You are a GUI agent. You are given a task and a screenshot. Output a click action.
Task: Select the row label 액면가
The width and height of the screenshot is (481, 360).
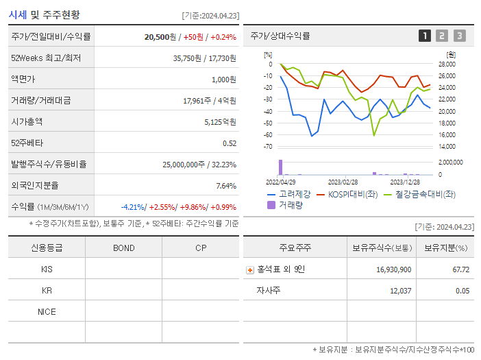click(x=24, y=80)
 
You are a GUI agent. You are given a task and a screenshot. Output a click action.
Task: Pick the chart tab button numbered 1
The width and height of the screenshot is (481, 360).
click(x=425, y=36)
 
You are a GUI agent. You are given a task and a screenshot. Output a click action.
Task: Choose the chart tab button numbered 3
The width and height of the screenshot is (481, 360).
click(x=459, y=36)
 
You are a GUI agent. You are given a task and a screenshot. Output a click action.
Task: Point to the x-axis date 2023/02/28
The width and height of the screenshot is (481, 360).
click(x=343, y=182)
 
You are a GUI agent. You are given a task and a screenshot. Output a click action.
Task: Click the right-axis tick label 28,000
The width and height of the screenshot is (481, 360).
click(x=446, y=64)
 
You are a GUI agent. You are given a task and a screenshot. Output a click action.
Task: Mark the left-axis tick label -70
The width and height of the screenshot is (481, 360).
click(x=268, y=147)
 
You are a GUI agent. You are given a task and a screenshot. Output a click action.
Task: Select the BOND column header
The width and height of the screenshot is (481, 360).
click(x=123, y=248)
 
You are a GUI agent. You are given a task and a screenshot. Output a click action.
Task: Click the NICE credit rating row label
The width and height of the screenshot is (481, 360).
click(x=47, y=312)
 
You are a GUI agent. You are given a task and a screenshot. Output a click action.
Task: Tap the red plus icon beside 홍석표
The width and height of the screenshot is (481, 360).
click(x=250, y=269)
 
